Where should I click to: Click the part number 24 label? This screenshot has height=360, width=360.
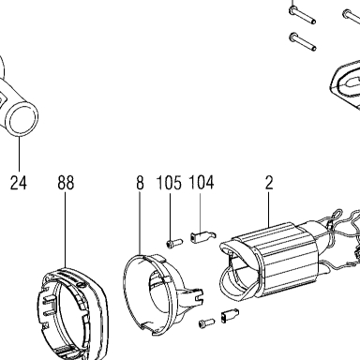tap(19, 183)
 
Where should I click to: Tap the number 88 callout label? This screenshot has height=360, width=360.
tap(66, 183)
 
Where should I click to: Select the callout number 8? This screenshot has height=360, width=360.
tap(140, 183)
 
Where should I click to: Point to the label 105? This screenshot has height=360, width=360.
tap(169, 183)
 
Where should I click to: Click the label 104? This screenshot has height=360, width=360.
tap(202, 183)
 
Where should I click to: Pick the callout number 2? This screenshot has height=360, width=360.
tap(269, 183)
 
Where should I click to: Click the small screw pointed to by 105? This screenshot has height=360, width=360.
tap(173, 243)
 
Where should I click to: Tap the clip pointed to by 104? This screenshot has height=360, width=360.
tap(203, 236)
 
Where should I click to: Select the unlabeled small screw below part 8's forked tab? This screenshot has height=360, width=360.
tap(206, 322)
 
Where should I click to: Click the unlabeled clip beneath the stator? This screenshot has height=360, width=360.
tap(230, 315)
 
